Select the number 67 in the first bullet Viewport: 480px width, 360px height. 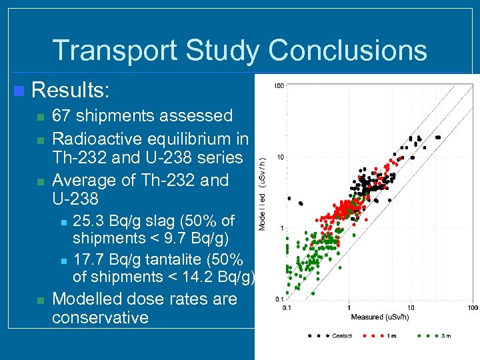point(63,115)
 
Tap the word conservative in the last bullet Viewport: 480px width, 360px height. point(100,317)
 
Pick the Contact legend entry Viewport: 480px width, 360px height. point(342,335)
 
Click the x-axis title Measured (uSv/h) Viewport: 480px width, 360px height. point(380,317)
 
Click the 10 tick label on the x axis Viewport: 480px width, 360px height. point(411,307)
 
